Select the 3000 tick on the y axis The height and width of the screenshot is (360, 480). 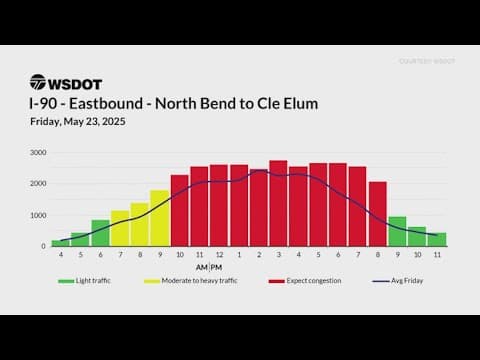(37, 153)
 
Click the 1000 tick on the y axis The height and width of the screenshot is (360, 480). (37, 215)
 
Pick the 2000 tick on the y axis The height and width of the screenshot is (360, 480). (37, 184)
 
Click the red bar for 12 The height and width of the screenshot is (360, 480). (219, 206)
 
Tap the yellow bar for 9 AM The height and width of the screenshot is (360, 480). (160, 218)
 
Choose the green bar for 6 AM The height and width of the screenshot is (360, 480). (100, 233)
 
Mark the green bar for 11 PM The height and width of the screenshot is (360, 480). (437, 239)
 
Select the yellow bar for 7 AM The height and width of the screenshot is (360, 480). (120, 228)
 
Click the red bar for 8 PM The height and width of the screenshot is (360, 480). (377, 214)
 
